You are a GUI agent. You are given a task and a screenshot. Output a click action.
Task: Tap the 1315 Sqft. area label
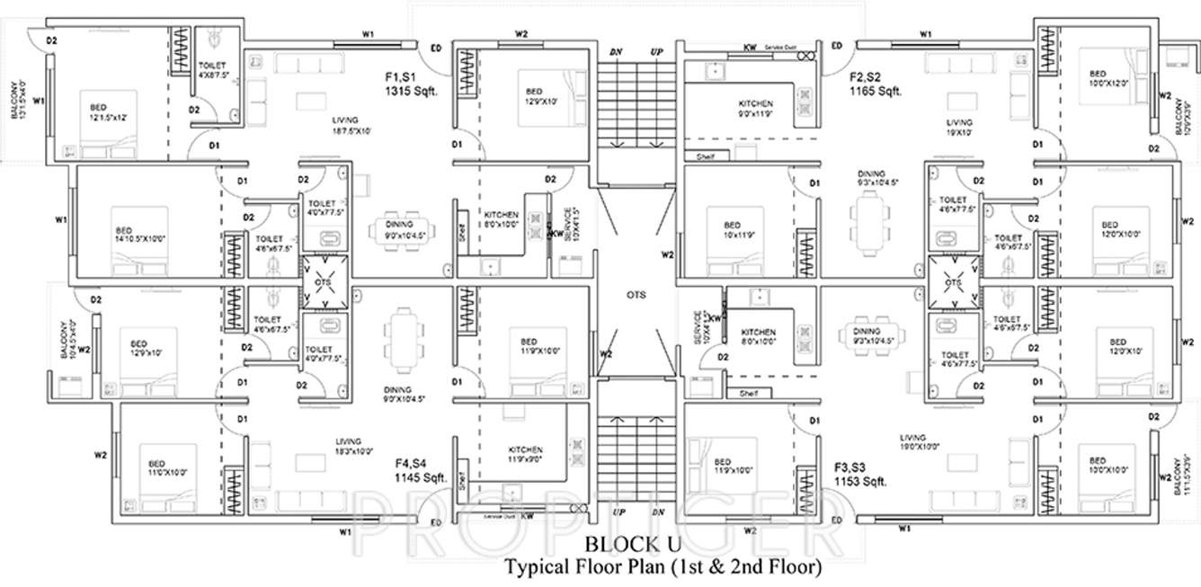pos(411,91)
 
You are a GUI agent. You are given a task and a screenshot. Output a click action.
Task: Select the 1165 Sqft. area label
pos(876,91)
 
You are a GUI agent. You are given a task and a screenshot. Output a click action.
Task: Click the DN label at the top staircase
pos(616,52)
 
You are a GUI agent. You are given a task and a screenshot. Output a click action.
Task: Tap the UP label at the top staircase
pos(656,52)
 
